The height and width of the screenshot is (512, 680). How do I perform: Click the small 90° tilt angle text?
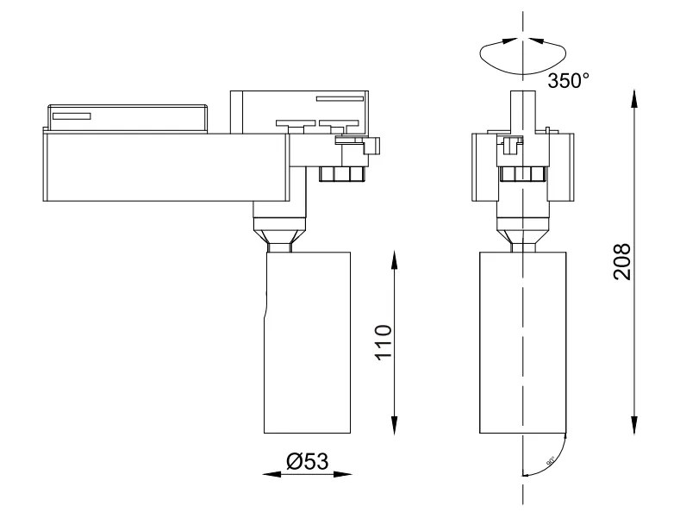pyautogui.click(x=549, y=459)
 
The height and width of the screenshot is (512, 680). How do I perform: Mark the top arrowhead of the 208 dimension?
pyautogui.click(x=635, y=97)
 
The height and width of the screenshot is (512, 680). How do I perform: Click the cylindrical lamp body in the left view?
pyautogui.click(x=307, y=345)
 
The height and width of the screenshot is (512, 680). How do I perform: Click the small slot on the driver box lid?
pyautogui.click(x=72, y=115)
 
